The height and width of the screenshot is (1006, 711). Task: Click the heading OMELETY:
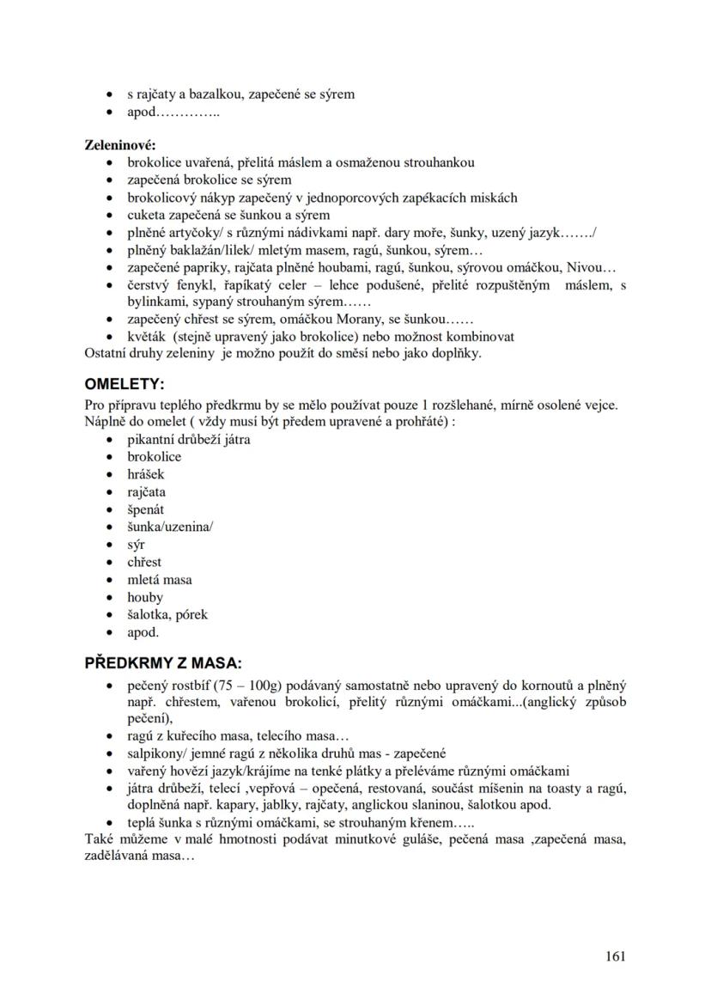tap(124, 382)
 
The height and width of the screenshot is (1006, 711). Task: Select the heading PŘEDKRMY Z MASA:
tap(163, 663)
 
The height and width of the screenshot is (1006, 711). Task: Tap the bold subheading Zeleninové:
tap(119, 144)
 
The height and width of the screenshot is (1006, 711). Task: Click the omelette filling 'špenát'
tap(146, 509)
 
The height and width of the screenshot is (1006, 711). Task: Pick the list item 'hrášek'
tap(146, 474)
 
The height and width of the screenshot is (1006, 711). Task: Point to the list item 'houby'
tap(145, 597)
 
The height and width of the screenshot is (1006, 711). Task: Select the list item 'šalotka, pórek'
tap(167, 614)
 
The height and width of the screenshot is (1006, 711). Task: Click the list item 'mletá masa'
tap(160, 580)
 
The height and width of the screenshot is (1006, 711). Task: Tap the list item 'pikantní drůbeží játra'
tap(189, 439)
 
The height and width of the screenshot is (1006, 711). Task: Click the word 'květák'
tap(147, 337)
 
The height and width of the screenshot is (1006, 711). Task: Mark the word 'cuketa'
tap(147, 215)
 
